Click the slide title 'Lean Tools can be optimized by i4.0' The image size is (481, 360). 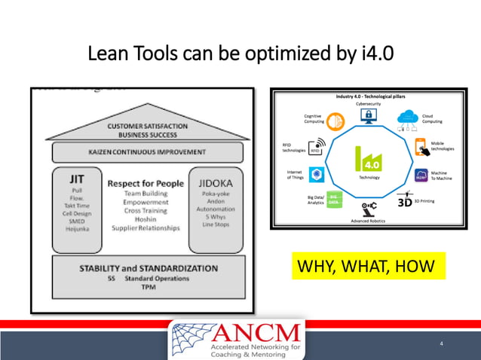240,53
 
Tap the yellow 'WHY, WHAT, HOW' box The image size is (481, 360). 367,266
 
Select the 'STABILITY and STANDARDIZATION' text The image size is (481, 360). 149,268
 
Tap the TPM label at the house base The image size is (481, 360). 149,287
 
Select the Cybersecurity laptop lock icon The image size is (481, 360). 369,115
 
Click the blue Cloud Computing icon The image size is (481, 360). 408,117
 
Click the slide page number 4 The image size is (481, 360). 442,343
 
